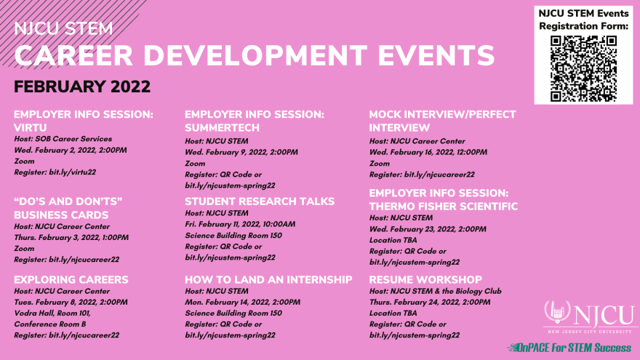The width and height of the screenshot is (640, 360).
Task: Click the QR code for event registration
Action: [x=583, y=68]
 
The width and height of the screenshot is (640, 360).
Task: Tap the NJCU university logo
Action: [x=591, y=317]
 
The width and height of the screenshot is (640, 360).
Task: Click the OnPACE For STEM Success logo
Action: [x=569, y=348]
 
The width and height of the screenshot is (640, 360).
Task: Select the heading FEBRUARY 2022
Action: [x=82, y=87]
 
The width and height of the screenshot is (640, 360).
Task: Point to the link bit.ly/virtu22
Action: [x=72, y=172]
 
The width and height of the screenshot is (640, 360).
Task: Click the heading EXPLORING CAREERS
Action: [x=71, y=279]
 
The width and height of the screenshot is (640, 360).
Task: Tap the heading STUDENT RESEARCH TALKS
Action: [x=260, y=201]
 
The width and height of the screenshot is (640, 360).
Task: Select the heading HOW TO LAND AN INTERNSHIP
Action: [x=268, y=279]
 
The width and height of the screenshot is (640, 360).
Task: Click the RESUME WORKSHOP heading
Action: [x=425, y=279]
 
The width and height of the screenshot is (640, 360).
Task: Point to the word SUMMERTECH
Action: [x=222, y=128]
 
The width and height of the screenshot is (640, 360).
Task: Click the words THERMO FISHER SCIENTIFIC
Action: [x=443, y=207]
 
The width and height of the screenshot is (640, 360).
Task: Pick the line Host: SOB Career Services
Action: [x=63, y=139]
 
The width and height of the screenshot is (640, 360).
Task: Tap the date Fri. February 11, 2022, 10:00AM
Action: [x=240, y=224]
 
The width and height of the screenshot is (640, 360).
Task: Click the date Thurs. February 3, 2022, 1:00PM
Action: [x=71, y=238]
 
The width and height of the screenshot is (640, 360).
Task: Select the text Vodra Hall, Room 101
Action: [x=52, y=313]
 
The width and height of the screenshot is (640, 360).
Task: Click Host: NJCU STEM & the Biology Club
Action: [x=435, y=291]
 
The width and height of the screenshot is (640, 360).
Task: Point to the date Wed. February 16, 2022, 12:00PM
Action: [x=428, y=152]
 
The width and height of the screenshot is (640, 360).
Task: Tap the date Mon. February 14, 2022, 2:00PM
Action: [x=242, y=302]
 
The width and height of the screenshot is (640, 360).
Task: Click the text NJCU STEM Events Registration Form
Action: [x=583, y=20]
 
